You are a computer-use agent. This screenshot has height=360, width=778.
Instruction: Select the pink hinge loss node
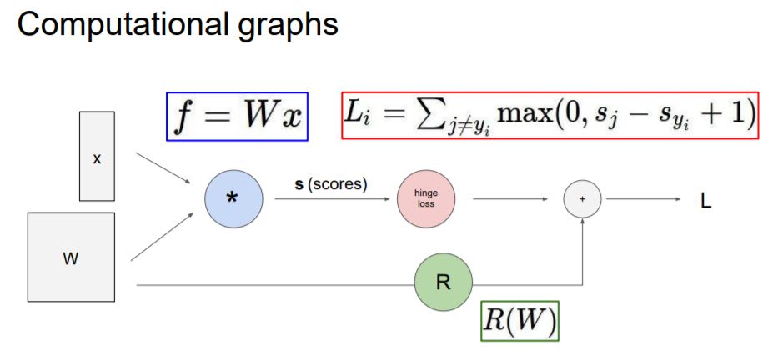[425, 199]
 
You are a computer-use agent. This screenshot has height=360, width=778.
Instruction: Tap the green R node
[443, 282]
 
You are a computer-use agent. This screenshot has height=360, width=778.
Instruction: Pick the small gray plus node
[582, 200]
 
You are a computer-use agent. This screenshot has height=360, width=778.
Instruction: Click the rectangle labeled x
[97, 157]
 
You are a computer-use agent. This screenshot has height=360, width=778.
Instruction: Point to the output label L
[705, 201]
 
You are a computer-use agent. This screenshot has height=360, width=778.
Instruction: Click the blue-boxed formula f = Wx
[237, 116]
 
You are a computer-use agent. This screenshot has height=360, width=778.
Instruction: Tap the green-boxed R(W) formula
[519, 321]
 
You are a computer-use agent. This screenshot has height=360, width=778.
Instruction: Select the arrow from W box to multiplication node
[163, 236]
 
